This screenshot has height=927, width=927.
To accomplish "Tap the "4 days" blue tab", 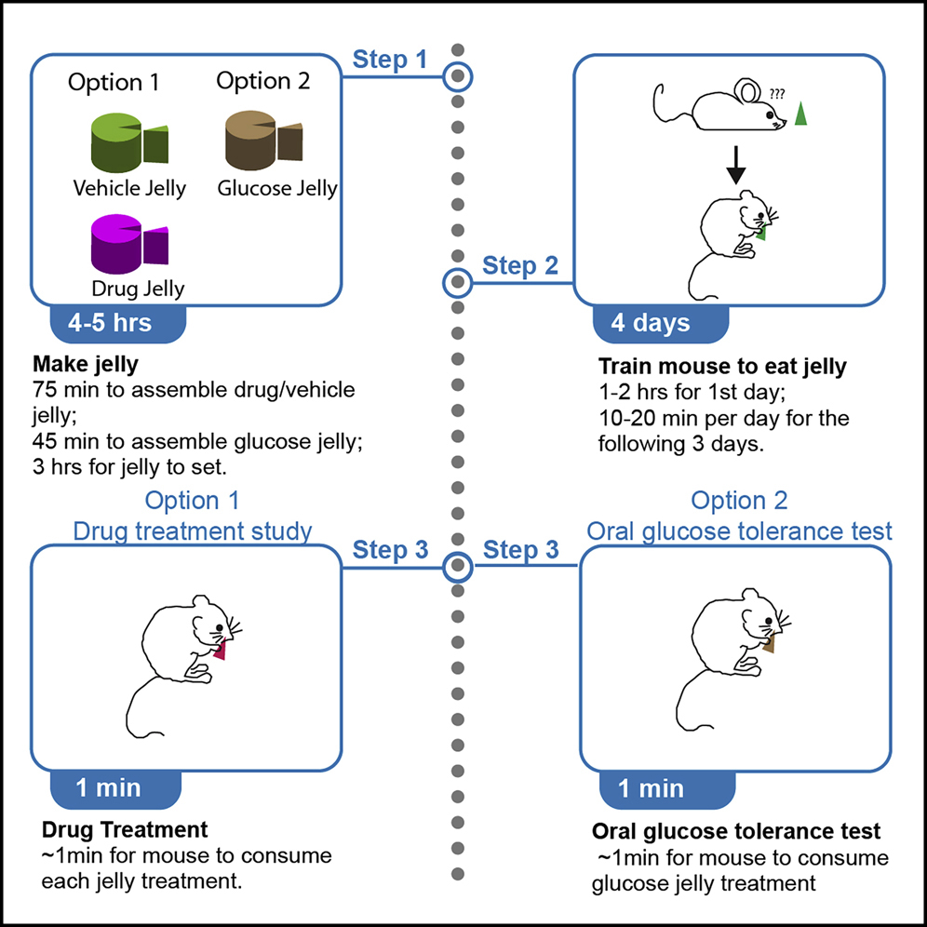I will [x=651, y=323].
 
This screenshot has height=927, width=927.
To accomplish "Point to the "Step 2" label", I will [x=520, y=266].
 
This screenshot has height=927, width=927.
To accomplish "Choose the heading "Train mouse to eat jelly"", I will [x=722, y=366].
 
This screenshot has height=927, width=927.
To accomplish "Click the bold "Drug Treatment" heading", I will [x=124, y=829].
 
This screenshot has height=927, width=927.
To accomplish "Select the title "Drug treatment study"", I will [x=193, y=531].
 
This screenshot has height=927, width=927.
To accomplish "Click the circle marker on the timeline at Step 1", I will [x=457, y=76].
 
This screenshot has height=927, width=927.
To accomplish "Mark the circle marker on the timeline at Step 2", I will [x=457, y=280].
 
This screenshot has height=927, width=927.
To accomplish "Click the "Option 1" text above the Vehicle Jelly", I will [x=114, y=83].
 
